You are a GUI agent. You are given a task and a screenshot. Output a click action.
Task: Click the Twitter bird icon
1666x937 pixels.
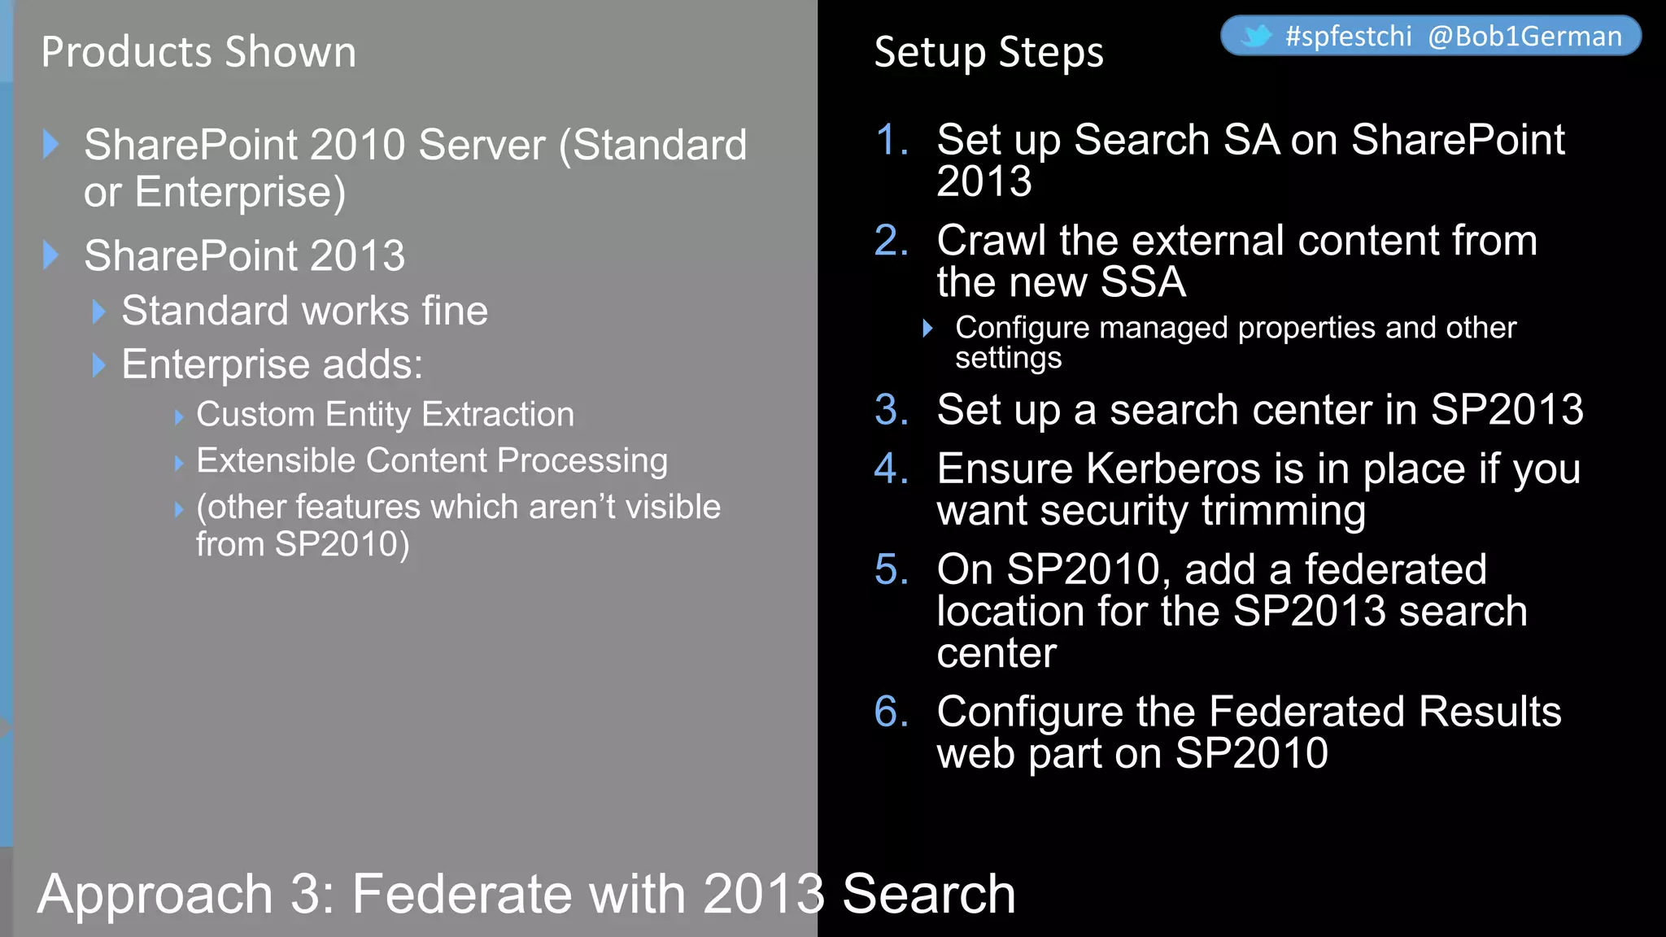click(x=1256, y=37)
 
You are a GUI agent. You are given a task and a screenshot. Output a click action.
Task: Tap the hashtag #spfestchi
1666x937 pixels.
click(x=1348, y=37)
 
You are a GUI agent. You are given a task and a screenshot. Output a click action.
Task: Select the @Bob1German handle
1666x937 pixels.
click(x=1524, y=37)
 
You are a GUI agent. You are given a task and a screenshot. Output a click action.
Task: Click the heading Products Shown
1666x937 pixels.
click(x=198, y=52)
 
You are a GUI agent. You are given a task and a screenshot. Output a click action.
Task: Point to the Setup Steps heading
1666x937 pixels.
click(x=988, y=52)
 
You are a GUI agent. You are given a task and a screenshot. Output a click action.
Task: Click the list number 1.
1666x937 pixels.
click(x=892, y=140)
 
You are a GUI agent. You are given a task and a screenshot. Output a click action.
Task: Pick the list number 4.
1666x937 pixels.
click(x=892, y=469)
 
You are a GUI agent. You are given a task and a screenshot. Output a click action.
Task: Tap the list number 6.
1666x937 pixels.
click(x=892, y=712)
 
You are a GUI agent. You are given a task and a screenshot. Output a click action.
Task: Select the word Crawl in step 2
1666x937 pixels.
click(x=991, y=241)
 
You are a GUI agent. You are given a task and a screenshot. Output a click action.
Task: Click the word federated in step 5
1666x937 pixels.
click(x=1396, y=569)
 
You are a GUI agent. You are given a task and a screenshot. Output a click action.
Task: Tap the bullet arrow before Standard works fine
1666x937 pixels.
click(x=99, y=312)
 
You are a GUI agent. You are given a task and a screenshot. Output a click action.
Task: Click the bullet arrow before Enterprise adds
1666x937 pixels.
click(x=99, y=365)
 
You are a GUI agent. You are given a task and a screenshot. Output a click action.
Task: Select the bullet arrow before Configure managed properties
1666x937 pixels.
click(x=927, y=329)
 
